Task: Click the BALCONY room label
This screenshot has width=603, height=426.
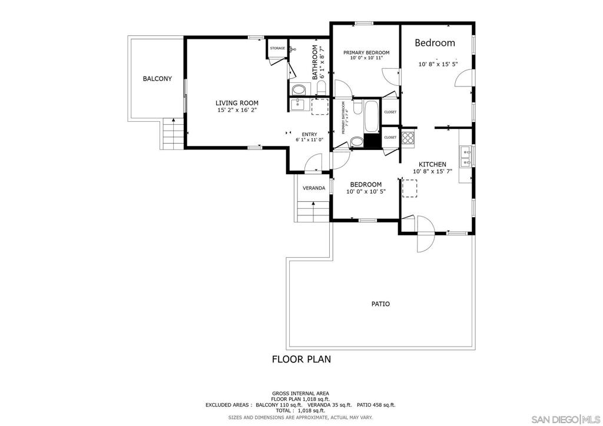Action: pyautogui.click(x=157, y=79)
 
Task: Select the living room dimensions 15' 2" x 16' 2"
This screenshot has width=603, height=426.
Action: pyautogui.click(x=237, y=110)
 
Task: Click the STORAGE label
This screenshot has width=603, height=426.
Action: pyautogui.click(x=277, y=48)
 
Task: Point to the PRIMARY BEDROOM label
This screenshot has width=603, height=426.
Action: pyautogui.click(x=366, y=52)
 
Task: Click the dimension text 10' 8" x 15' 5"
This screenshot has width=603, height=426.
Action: pyautogui.click(x=438, y=64)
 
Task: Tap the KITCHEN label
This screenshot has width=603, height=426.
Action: pyautogui.click(x=432, y=164)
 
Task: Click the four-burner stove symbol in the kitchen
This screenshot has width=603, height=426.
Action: pyautogui.click(x=407, y=138)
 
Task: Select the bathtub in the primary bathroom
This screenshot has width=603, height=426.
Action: pyautogui.click(x=372, y=117)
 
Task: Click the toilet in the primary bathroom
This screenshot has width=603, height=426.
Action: pyautogui.click(x=356, y=141)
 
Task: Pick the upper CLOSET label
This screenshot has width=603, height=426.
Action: pyautogui.click(x=390, y=112)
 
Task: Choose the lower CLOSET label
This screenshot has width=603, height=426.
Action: pyautogui.click(x=390, y=137)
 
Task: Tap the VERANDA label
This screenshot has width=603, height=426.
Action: pyautogui.click(x=314, y=188)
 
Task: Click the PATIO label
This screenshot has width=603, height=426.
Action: pyautogui.click(x=380, y=304)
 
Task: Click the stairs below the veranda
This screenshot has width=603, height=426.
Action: pyautogui.click(x=313, y=210)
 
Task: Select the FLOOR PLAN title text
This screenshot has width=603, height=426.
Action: pyautogui.click(x=301, y=358)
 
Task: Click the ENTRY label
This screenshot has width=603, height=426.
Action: pyautogui.click(x=309, y=134)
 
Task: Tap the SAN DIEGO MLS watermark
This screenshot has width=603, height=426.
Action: pyautogui.click(x=566, y=419)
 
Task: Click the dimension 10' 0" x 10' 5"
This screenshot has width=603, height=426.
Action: pyautogui.click(x=366, y=191)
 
